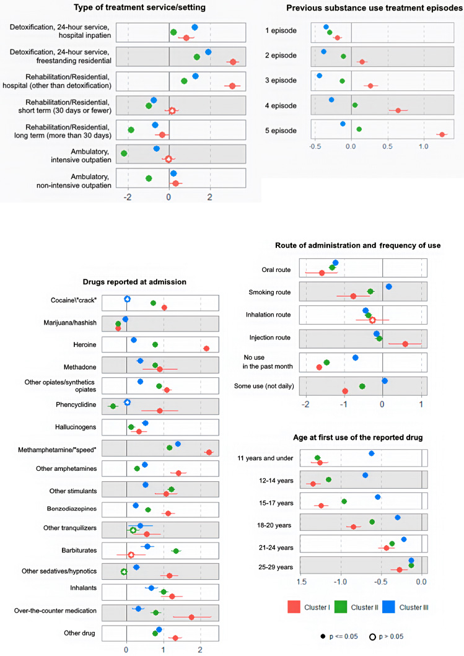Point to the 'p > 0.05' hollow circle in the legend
click(373, 636)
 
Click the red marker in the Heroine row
click(206, 349)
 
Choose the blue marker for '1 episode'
click(326, 27)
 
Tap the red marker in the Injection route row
click(405, 344)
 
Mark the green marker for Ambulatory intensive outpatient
click(124, 153)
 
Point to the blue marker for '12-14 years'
click(366, 475)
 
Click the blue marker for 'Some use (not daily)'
click(385, 381)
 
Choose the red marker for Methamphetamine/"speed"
click(209, 452)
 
